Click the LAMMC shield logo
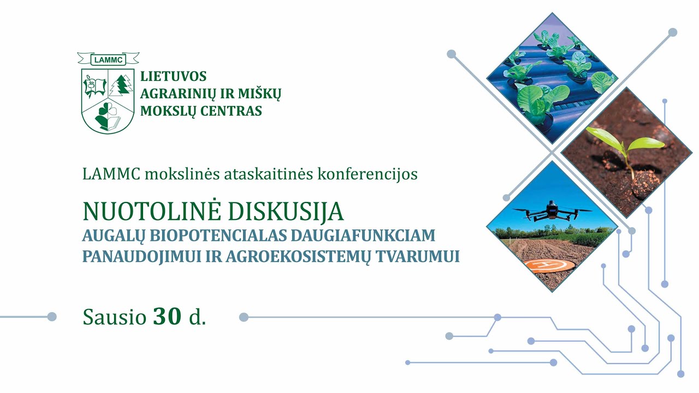(x=108, y=100)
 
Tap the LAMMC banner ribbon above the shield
(x=108, y=58)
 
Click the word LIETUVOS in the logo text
(x=173, y=76)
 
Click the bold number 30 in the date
(x=167, y=317)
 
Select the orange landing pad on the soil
(x=549, y=266)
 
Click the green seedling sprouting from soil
(x=628, y=147)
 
